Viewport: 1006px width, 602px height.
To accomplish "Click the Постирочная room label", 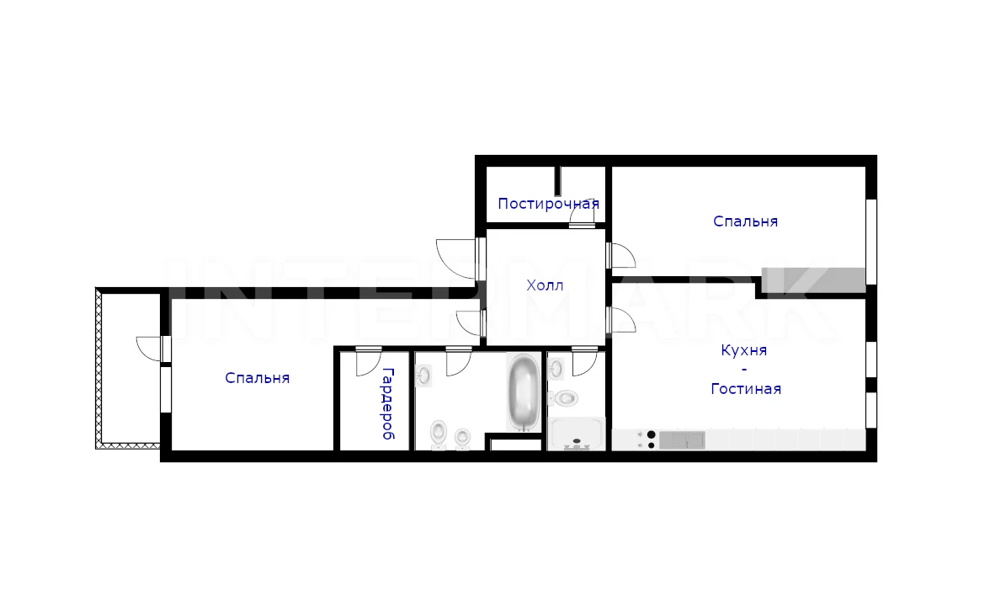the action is click(x=548, y=204).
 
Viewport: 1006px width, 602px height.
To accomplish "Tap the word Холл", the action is click(x=545, y=285).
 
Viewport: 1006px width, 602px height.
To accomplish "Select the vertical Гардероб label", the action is click(x=388, y=403).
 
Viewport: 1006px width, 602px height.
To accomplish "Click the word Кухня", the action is click(x=744, y=350).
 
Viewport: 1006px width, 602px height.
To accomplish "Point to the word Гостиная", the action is click(x=746, y=389).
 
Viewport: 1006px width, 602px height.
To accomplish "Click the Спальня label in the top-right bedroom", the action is click(x=746, y=221).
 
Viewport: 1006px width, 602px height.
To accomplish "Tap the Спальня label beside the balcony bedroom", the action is click(x=258, y=378).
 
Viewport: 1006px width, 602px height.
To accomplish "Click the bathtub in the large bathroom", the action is click(x=524, y=393).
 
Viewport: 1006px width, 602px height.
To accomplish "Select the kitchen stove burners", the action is click(x=647, y=440).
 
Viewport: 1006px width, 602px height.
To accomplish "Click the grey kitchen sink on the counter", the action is click(x=682, y=440).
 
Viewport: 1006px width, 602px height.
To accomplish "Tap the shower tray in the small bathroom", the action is click(x=577, y=434).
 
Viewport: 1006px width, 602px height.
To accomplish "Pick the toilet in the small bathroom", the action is click(x=564, y=398).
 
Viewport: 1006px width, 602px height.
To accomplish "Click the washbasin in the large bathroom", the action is click(x=423, y=375).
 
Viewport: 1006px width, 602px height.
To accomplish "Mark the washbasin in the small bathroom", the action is click(x=556, y=369).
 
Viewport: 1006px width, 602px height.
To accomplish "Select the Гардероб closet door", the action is click(x=368, y=362).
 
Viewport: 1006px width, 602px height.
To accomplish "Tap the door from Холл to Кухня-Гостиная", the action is click(x=621, y=320).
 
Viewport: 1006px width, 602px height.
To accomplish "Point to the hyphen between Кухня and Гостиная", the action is click(x=744, y=370).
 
